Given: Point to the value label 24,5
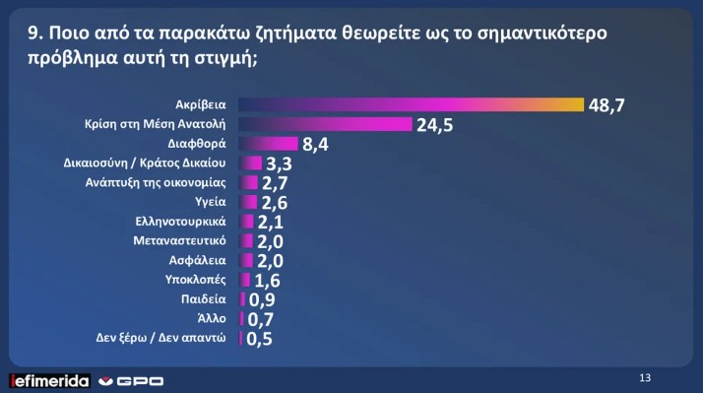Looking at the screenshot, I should click(x=434, y=125).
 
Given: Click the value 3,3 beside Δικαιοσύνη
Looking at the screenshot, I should click(x=281, y=164).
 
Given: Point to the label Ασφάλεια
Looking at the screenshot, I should click(x=200, y=260).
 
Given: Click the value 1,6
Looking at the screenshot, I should click(x=267, y=281).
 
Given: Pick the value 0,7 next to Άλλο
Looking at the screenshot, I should click(x=260, y=319).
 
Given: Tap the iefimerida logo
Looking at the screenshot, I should click(x=49, y=380).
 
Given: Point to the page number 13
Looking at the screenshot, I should click(x=646, y=377).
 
